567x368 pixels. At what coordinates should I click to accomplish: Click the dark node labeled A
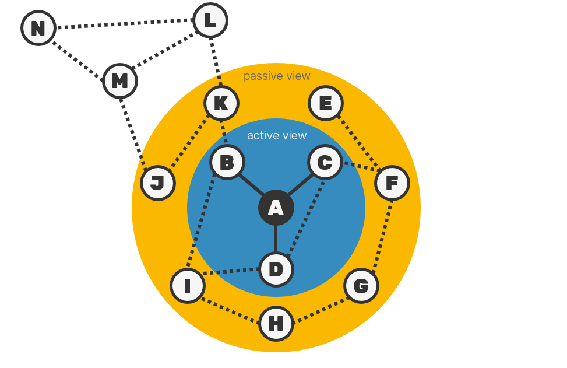[x=276, y=208]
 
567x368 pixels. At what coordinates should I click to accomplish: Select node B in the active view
[x=227, y=163]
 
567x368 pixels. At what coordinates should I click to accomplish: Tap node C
[x=325, y=162]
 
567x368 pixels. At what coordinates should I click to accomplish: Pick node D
[x=276, y=269]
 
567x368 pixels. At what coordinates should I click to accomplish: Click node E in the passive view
[x=326, y=104]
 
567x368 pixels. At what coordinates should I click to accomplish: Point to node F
[x=392, y=183]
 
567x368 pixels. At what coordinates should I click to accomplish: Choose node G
[x=361, y=286]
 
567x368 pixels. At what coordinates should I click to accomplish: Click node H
[x=276, y=324]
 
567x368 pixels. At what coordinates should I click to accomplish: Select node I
[x=188, y=286]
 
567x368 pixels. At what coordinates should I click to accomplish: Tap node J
[x=158, y=183]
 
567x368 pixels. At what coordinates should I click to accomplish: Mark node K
[x=221, y=103]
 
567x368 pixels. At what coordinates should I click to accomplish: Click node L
[x=210, y=21]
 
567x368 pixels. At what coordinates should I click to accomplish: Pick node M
[x=120, y=81]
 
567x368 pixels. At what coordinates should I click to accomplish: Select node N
[x=38, y=28]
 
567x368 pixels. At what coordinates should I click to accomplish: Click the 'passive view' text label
[x=277, y=76]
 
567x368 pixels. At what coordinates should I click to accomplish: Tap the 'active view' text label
[x=277, y=136]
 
